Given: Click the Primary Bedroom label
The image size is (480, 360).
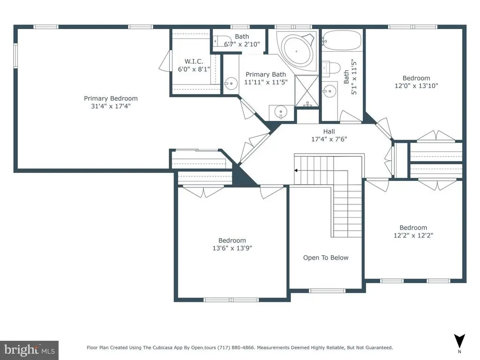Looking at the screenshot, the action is pyautogui.click(x=111, y=98).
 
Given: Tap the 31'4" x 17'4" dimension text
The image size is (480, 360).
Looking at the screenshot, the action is pyautogui.click(x=111, y=106).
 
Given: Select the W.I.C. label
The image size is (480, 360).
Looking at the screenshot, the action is pyautogui.click(x=194, y=61).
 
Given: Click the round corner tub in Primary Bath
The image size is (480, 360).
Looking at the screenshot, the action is pyautogui.click(x=296, y=51).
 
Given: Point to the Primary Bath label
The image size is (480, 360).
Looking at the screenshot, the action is pyautogui.click(x=266, y=75).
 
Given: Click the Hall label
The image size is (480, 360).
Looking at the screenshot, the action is pyautogui.click(x=329, y=131).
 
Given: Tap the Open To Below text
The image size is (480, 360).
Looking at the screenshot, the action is pyautogui.click(x=326, y=258).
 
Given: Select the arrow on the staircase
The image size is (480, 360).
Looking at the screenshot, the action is pyautogui.click(x=321, y=171).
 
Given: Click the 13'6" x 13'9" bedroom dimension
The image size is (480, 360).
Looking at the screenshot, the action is pyautogui.click(x=232, y=248).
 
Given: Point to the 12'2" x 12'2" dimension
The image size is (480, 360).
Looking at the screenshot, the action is pyautogui.click(x=413, y=235).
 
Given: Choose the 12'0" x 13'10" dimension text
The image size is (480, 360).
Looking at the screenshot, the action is pyautogui.click(x=416, y=86).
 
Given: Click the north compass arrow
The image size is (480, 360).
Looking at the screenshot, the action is pyautogui.click(x=459, y=341).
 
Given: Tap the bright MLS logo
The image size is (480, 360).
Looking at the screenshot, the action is pyautogui.click(x=30, y=350).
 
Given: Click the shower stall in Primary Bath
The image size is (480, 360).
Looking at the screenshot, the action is pyautogui.click(x=307, y=91).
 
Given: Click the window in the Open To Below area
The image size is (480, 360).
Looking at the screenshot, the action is pyautogui.click(x=327, y=291).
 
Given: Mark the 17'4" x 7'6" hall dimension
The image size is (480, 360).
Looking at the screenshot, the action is pyautogui.click(x=329, y=139).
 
